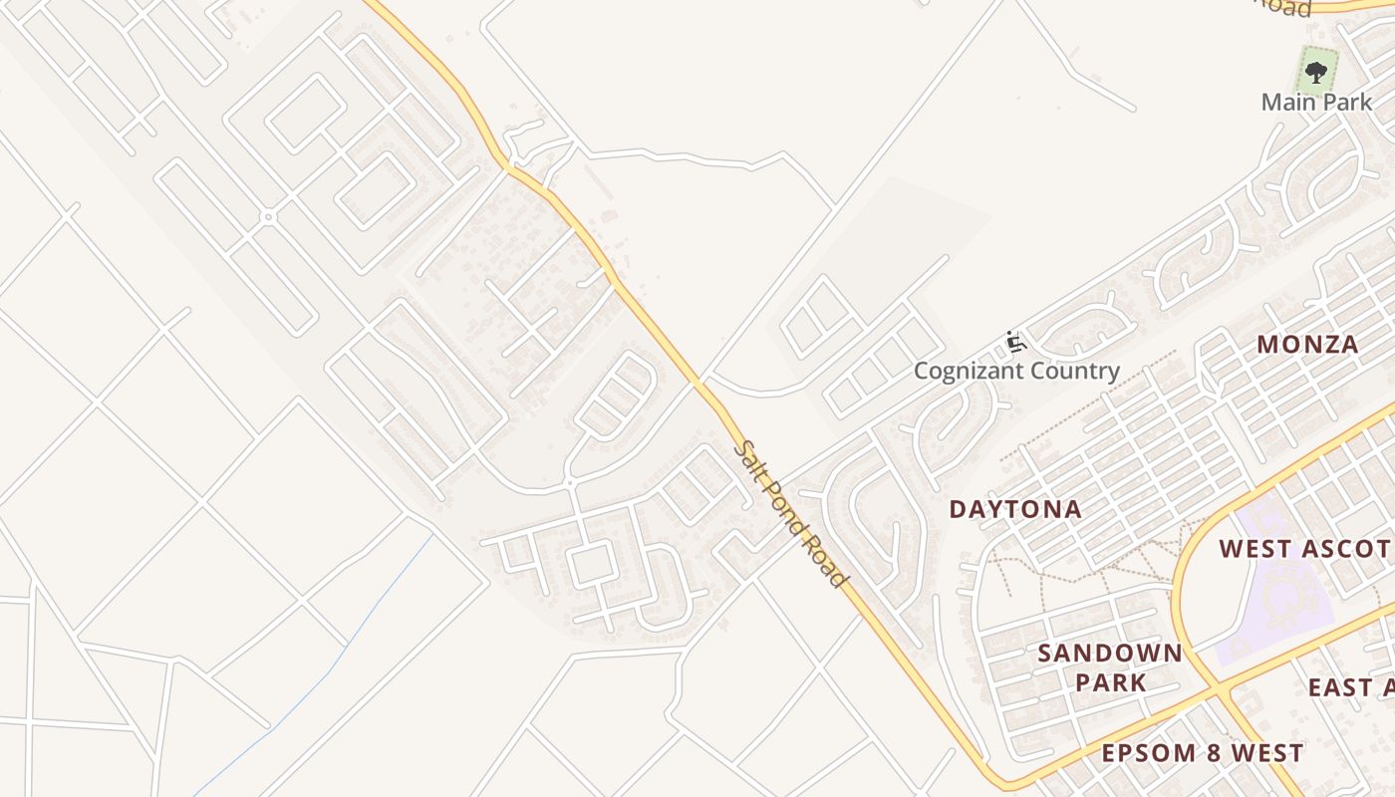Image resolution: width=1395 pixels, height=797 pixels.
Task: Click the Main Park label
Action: click(1316, 102)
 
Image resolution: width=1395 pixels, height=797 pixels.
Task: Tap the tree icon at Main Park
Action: click(1316, 72)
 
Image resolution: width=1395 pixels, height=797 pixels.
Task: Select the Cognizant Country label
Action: click(1017, 372)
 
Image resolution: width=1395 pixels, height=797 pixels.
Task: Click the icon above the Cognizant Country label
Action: click(1016, 343)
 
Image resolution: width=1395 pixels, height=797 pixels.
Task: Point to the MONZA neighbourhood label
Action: click(1307, 345)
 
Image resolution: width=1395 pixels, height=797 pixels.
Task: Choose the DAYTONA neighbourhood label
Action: click(1014, 509)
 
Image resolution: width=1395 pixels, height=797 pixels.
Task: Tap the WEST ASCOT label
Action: click(1305, 548)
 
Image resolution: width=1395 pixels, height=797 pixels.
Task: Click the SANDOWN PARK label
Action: click(1110, 667)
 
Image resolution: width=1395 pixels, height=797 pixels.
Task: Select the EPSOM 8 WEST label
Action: click(1202, 752)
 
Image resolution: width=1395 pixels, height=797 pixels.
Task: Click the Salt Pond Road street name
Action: click(792, 514)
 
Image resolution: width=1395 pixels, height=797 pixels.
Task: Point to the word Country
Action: click(1074, 372)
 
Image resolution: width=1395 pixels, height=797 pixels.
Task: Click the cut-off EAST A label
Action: click(1350, 687)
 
